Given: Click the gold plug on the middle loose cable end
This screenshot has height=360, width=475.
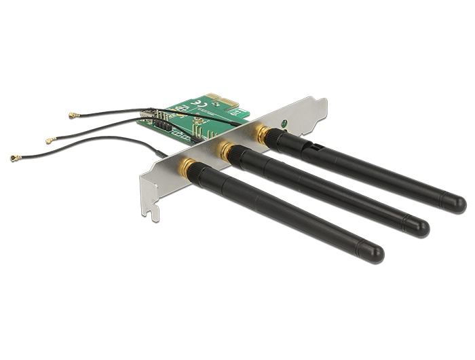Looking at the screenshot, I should pyautogui.click(x=50, y=141).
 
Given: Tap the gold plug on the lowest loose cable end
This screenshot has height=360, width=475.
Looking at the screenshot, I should pyautogui.click(x=14, y=158).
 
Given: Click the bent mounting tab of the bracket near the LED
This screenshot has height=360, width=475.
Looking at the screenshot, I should pyautogui.click(x=318, y=109).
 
